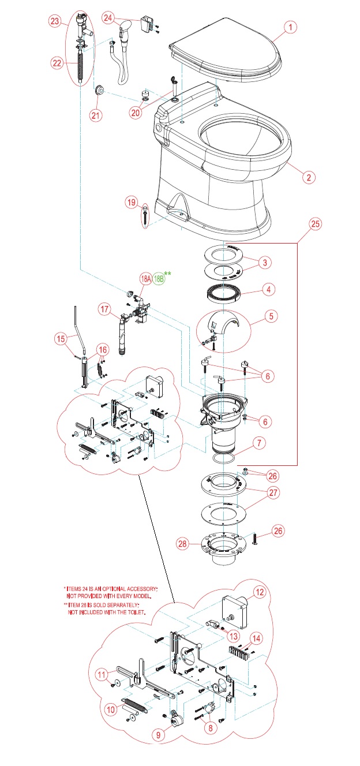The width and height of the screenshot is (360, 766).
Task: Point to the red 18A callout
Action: click(146, 278)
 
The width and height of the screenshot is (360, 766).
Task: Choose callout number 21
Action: click(95, 115)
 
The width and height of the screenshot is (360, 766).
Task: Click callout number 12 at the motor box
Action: click(260, 592)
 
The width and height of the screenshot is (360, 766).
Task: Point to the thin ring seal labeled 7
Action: click(223, 458)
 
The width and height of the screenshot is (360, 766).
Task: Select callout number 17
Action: click(104, 309)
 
